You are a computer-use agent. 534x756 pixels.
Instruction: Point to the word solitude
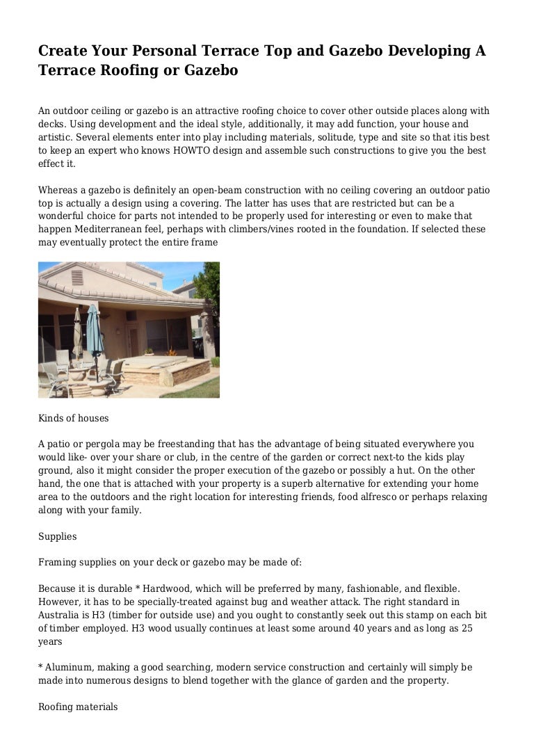click(314, 138)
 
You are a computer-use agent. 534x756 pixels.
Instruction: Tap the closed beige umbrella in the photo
click(77, 327)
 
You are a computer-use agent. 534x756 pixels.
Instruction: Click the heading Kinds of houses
click(73, 419)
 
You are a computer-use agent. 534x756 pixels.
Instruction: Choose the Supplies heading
click(57, 537)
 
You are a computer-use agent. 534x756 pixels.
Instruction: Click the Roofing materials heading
click(78, 707)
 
